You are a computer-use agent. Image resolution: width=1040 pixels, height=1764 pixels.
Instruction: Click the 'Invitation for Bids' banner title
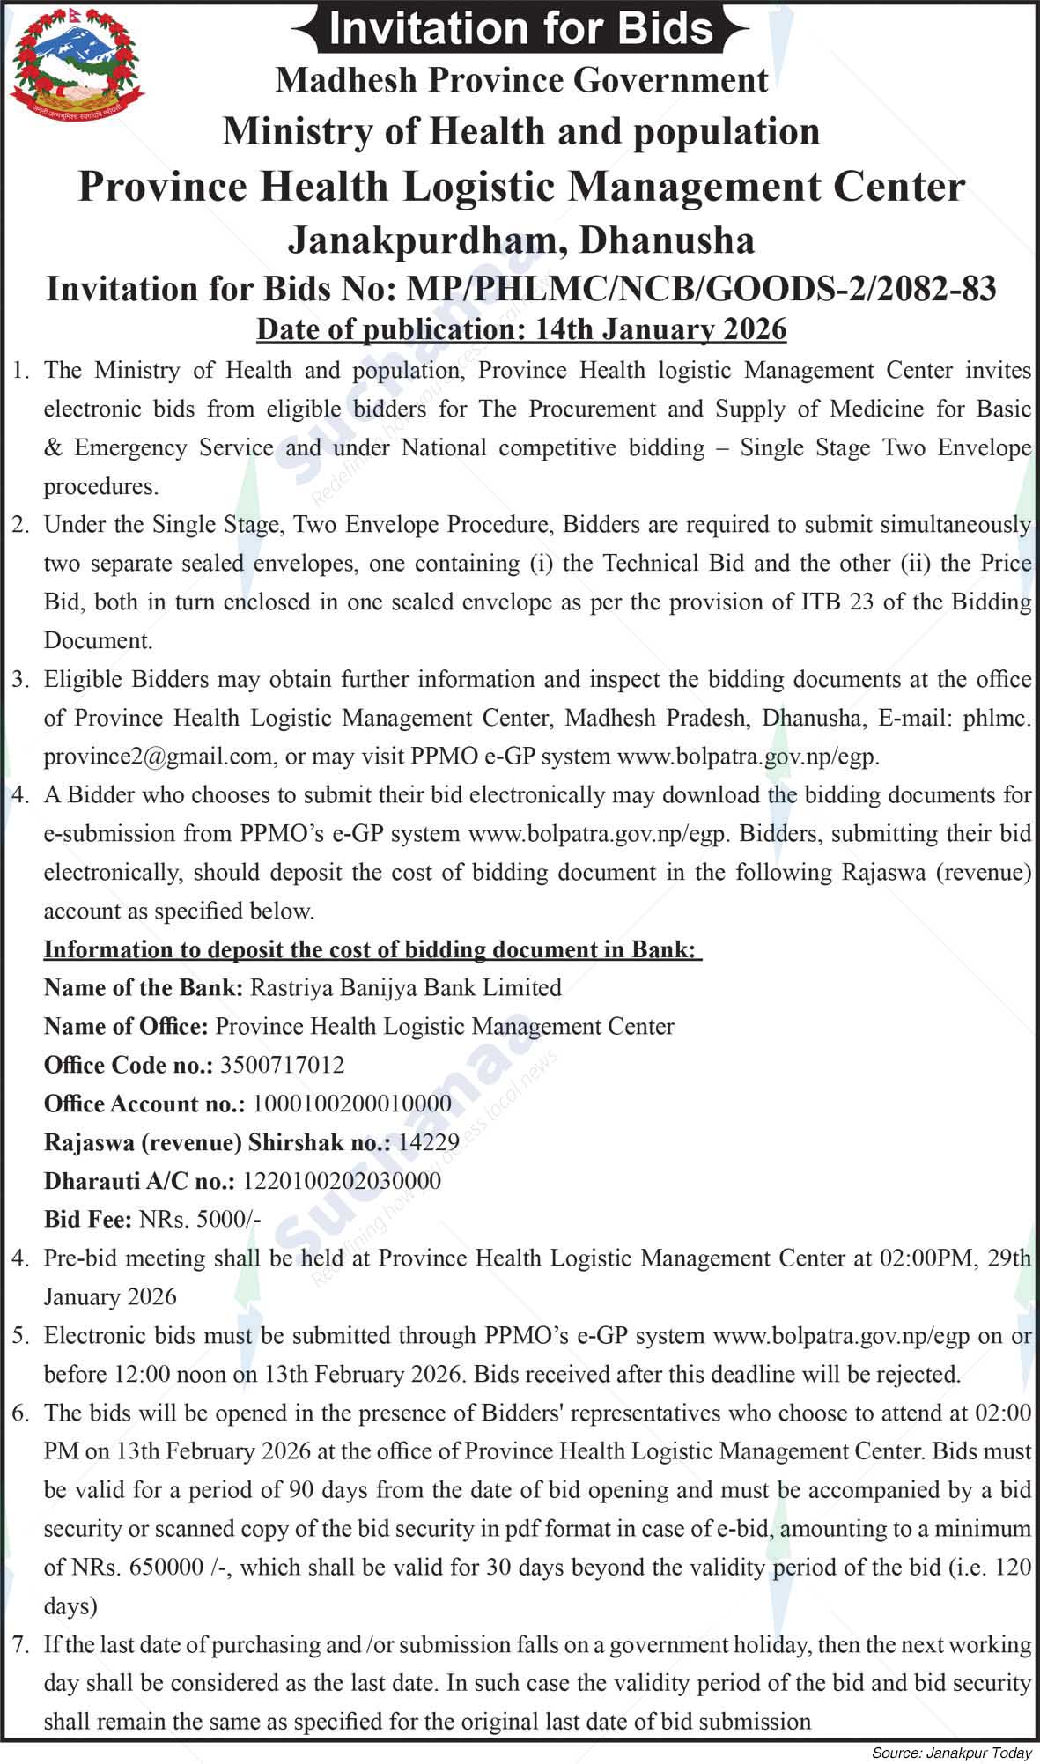(520, 28)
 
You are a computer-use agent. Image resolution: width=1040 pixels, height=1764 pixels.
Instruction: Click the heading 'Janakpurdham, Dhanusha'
(520, 240)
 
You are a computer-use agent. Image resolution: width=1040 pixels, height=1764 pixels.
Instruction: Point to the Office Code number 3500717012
(282, 1065)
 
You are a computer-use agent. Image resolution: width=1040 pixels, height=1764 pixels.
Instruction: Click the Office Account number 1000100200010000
(351, 1103)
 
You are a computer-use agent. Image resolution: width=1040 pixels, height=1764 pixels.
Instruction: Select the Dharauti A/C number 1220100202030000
(342, 1181)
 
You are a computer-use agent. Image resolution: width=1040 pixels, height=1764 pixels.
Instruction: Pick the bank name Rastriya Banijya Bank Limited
(406, 987)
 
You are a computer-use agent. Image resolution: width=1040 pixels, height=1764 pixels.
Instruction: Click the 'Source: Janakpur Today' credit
(951, 1753)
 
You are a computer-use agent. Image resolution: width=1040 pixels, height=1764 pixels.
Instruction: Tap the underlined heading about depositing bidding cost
(372, 949)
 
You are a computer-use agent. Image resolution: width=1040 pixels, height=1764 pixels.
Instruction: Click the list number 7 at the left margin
(20, 1644)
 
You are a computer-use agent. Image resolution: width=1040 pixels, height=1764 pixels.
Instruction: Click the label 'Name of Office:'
(126, 1026)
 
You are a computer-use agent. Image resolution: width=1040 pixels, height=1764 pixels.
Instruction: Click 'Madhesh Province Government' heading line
(520, 80)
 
